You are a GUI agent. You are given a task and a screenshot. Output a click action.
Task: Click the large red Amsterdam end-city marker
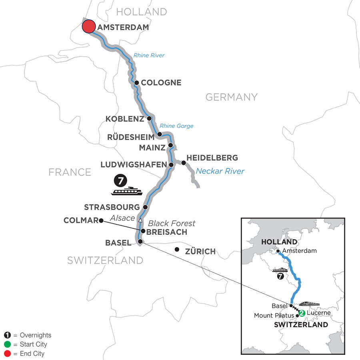[x=88, y=27]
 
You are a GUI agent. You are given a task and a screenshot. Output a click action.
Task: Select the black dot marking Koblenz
[x=149, y=118]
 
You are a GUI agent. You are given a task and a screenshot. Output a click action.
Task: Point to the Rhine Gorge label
[x=176, y=126]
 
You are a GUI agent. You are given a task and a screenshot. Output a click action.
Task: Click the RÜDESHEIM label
[x=131, y=137]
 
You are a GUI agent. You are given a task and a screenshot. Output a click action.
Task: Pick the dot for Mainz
[x=171, y=145]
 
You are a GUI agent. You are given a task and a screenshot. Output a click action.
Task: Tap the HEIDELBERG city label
[x=212, y=158]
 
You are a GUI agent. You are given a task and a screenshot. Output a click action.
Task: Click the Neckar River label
[x=220, y=171]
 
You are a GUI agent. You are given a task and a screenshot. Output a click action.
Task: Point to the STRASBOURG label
[x=112, y=207]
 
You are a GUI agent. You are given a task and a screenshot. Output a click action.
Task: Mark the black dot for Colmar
[x=101, y=220]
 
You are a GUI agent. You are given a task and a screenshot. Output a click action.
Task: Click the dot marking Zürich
[x=177, y=250]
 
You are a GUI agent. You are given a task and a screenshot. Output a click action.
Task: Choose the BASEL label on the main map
[x=118, y=242]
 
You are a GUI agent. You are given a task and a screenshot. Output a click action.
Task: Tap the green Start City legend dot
[x=8, y=344]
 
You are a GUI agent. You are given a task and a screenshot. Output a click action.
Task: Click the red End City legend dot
[x=8, y=354]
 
